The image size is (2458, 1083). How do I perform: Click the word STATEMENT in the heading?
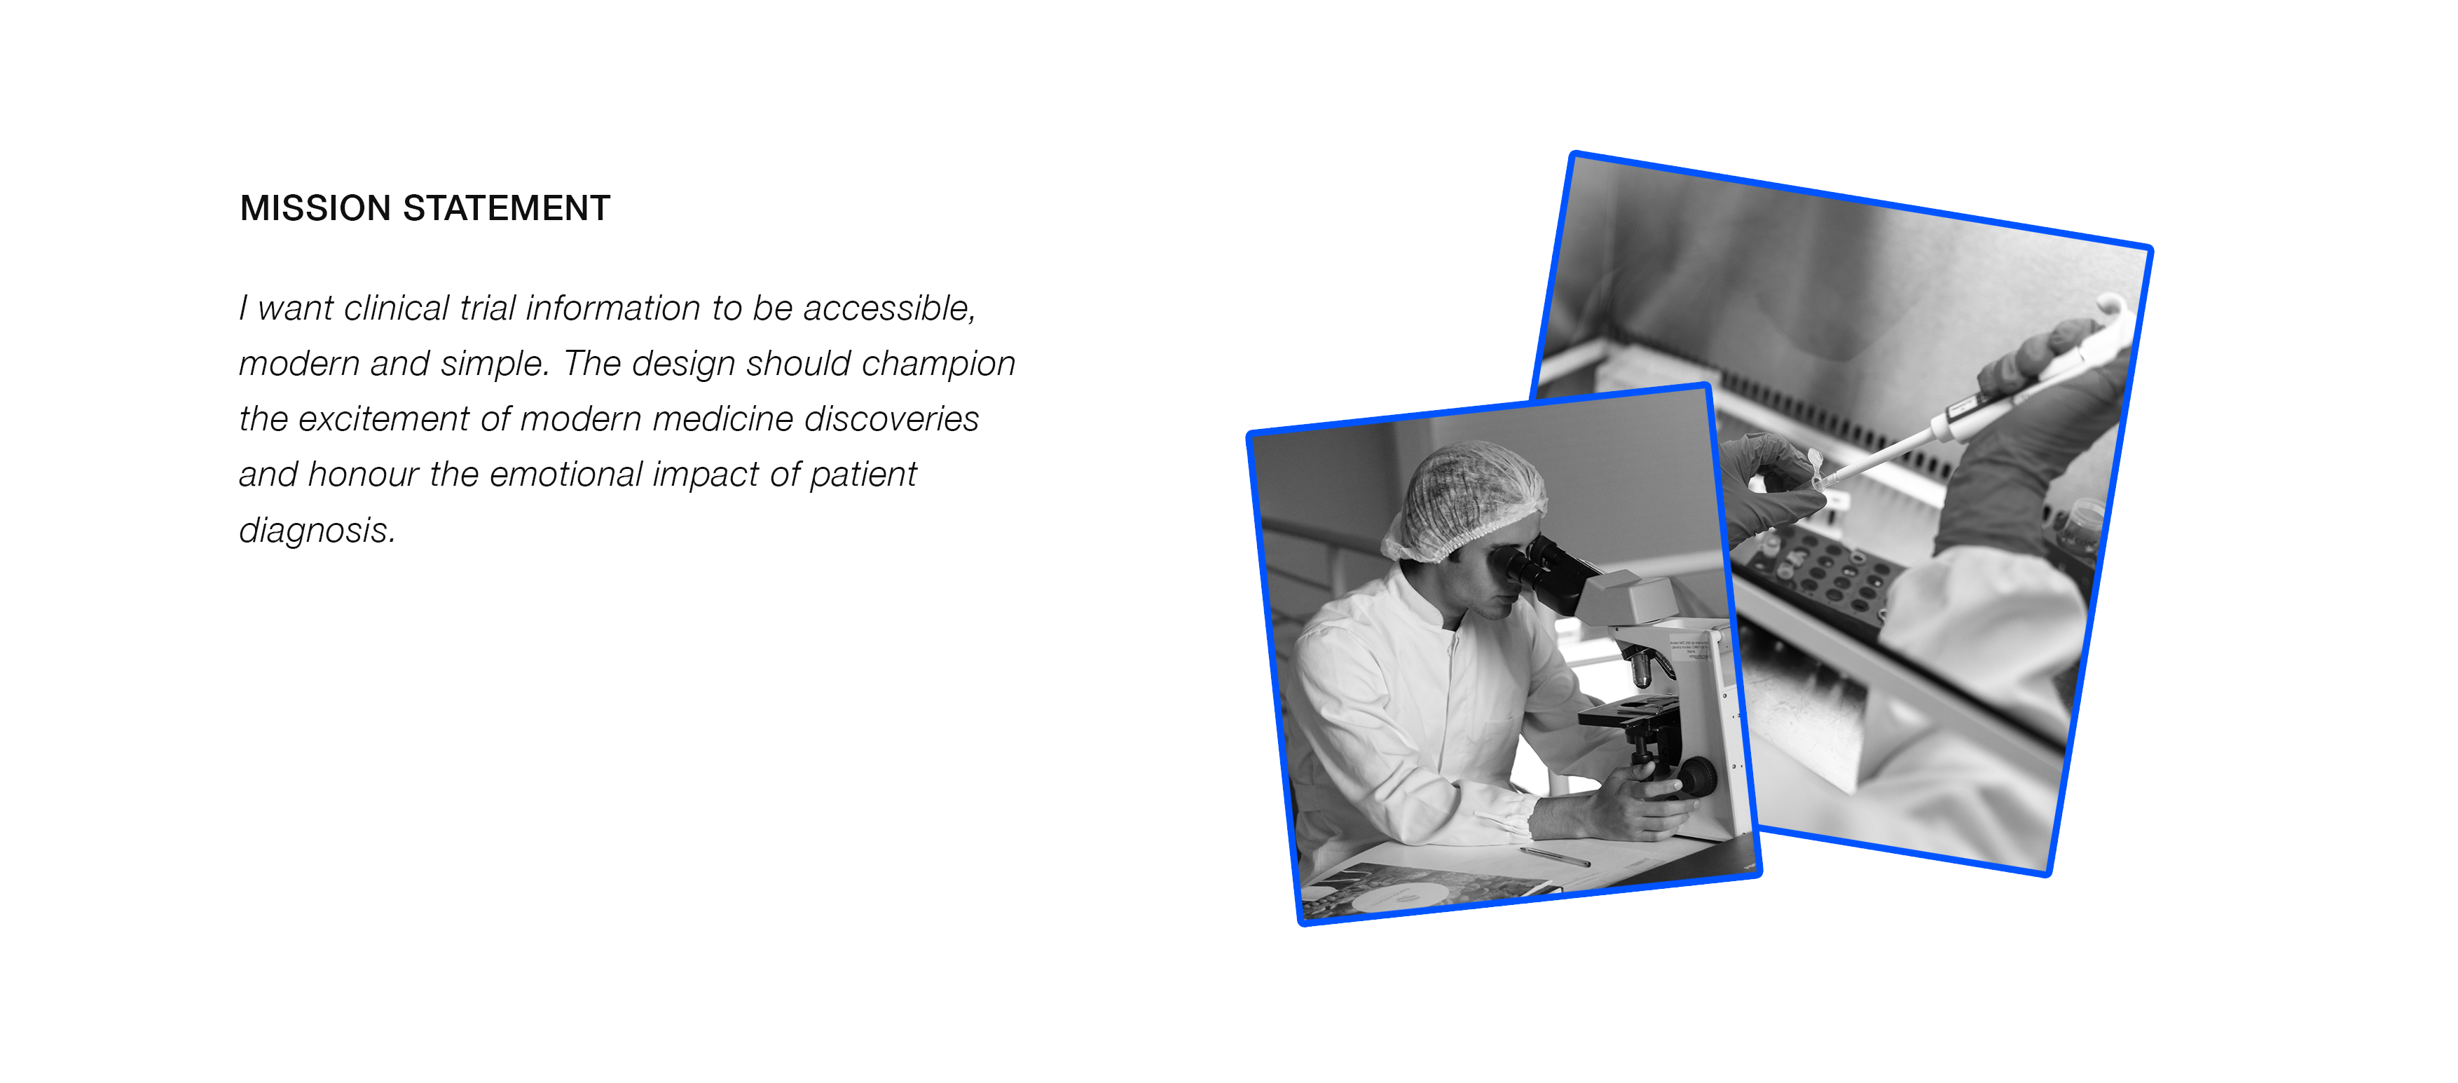(x=507, y=208)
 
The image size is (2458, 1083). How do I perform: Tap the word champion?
(x=938, y=365)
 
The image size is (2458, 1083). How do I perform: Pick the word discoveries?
(x=891, y=419)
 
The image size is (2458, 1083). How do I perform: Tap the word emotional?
(x=566, y=475)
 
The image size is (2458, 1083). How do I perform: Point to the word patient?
(x=863, y=475)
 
